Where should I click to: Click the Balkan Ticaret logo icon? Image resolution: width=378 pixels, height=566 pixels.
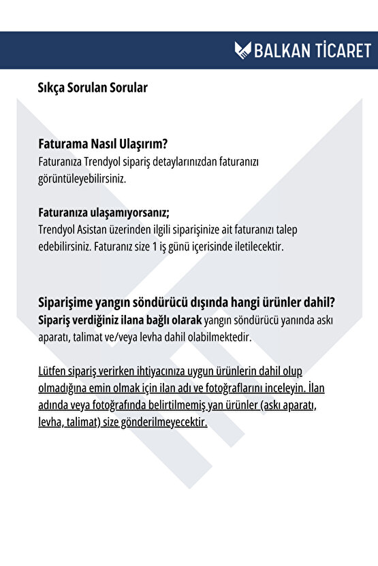(243, 50)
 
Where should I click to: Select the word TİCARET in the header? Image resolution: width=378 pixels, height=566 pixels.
(343, 50)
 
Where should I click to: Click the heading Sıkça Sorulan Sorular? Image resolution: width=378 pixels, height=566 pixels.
(93, 88)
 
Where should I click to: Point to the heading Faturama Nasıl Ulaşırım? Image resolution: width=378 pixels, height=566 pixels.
(104, 145)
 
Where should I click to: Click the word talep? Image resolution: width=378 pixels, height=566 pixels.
(300, 229)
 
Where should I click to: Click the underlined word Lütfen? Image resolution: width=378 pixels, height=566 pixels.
(54, 371)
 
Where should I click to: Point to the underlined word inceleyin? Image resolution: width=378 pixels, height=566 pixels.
(282, 388)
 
